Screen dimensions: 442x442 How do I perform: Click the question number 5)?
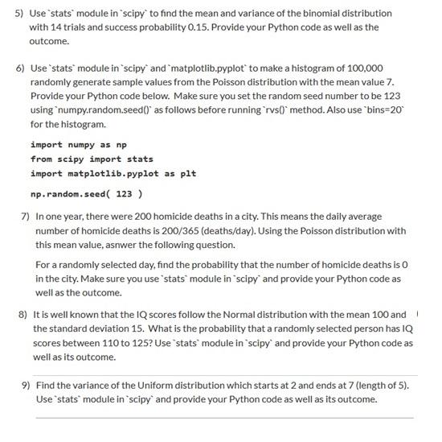point(20,14)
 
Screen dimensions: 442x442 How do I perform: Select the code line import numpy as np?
point(79,144)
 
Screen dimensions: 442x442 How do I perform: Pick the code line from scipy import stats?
point(92,159)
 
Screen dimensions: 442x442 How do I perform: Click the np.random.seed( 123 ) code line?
point(87,194)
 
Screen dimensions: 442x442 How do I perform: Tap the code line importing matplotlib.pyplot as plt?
point(113,173)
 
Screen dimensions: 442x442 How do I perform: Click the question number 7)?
point(26,217)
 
